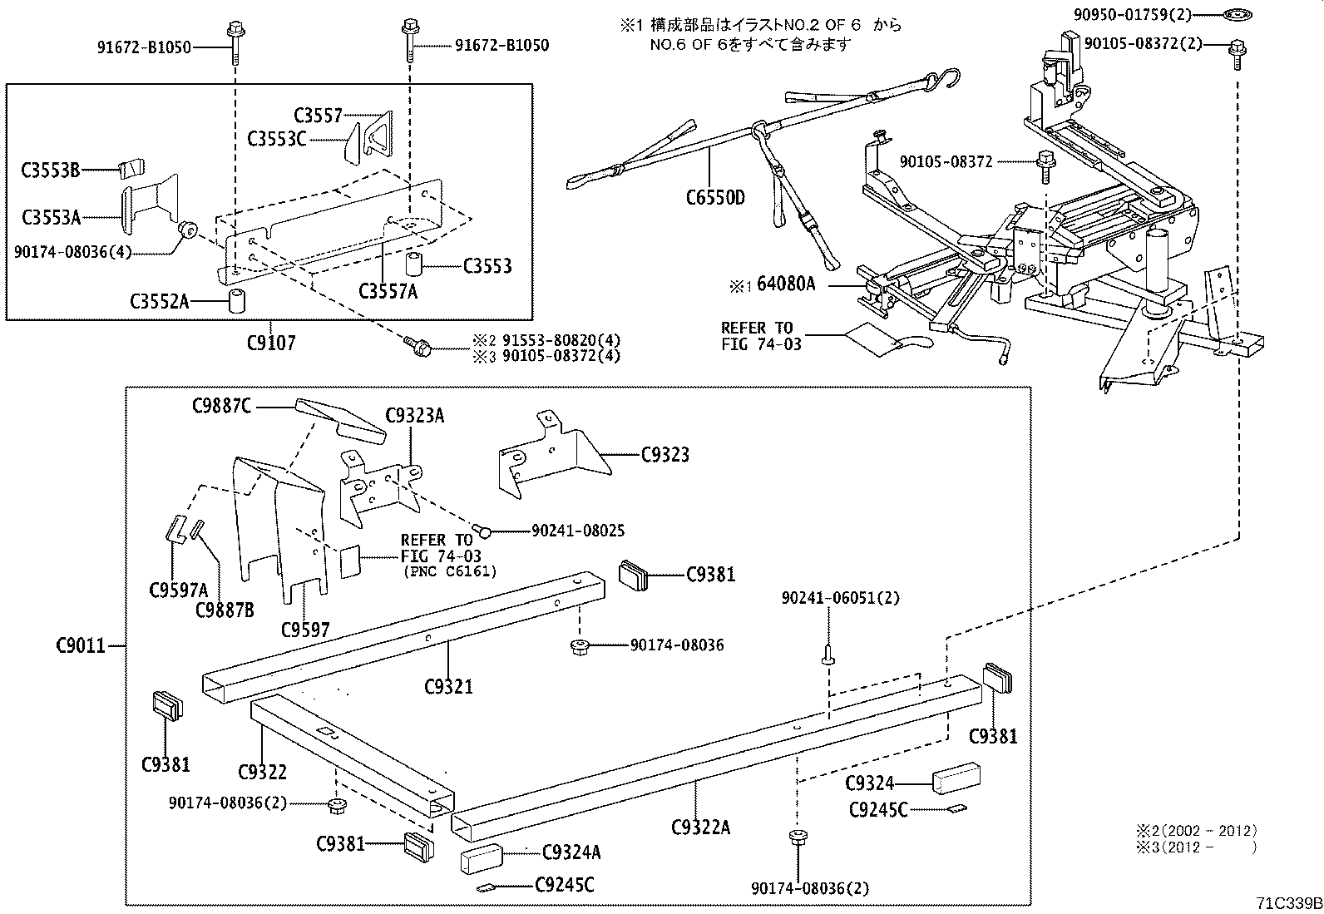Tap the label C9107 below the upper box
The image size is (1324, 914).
point(271,342)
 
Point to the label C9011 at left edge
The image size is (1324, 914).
point(81,645)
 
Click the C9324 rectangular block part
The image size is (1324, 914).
point(956,777)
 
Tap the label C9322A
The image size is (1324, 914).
point(700,827)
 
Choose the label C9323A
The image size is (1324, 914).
point(414,416)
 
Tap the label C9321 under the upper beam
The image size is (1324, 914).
point(448,686)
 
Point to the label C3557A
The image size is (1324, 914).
point(388,291)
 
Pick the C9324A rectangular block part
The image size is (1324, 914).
point(482,858)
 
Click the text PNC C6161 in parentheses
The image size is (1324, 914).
point(450,571)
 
